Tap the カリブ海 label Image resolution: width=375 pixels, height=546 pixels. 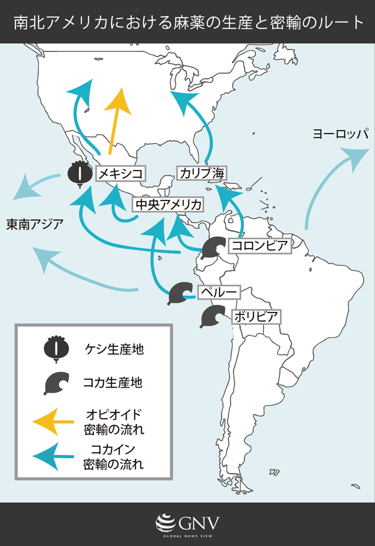(x=201, y=173)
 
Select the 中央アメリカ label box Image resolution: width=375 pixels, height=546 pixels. (x=168, y=205)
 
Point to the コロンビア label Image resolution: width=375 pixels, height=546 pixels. (x=260, y=246)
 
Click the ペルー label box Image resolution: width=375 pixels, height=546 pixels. (x=219, y=292)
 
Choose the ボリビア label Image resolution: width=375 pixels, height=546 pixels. (x=256, y=317)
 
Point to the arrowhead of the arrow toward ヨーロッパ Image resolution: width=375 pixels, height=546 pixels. (x=355, y=157)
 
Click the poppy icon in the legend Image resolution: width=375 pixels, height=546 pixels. (x=56, y=349)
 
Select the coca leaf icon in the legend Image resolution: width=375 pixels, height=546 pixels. (x=56, y=382)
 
